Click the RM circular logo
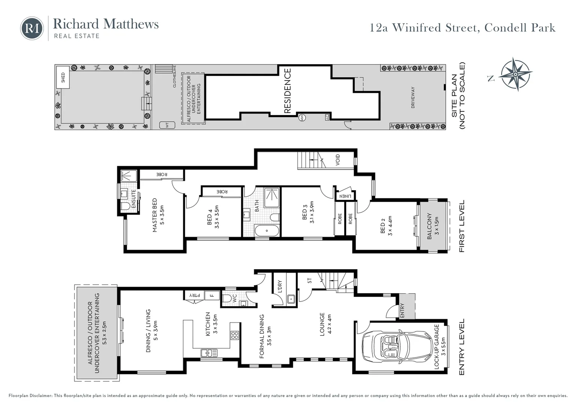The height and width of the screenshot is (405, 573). [32, 28]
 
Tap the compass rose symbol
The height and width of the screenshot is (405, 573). [516, 74]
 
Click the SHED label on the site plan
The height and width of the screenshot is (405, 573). [63, 78]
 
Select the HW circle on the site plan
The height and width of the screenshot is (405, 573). [302, 118]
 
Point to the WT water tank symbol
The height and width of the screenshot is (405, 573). [167, 125]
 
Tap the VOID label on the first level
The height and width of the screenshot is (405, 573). [337, 160]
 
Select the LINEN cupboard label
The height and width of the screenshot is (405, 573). [345, 196]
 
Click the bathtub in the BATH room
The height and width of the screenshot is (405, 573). [267, 231]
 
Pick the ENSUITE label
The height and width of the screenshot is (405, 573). [133, 199]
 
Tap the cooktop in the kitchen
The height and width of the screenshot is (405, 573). [235, 335]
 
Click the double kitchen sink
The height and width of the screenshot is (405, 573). [209, 353]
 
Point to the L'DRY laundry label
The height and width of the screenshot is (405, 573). [280, 286]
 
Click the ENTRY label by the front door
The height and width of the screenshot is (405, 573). [402, 310]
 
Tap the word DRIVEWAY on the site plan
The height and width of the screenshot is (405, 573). [412, 97]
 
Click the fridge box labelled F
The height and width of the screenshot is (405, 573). [212, 295]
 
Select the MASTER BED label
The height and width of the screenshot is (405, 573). [154, 215]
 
